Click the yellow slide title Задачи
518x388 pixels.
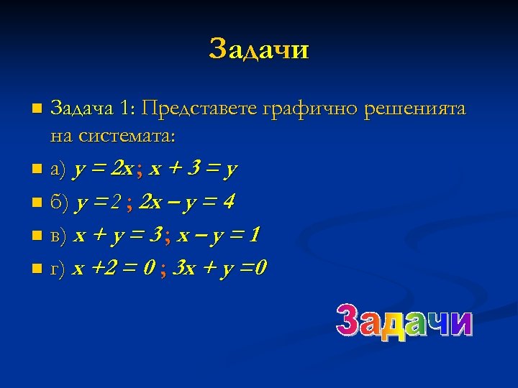click(x=259, y=50)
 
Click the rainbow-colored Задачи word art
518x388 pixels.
click(x=405, y=321)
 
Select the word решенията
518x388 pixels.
click(x=416, y=110)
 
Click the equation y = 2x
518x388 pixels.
click(x=103, y=170)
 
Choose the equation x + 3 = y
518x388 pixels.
click(x=194, y=170)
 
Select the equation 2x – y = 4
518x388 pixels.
click(x=186, y=203)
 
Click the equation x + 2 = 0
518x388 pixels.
click(x=113, y=269)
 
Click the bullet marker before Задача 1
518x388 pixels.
click(x=37, y=110)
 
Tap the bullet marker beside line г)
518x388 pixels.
click(x=37, y=269)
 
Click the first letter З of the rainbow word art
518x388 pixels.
click(x=350, y=321)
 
